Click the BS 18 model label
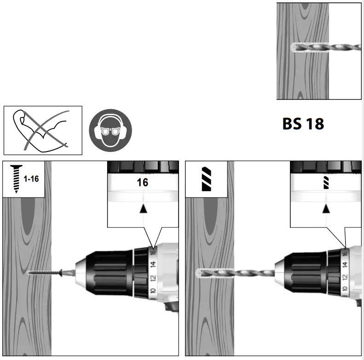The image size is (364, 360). pyautogui.click(x=303, y=124)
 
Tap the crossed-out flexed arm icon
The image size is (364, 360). pyautogui.click(x=43, y=130)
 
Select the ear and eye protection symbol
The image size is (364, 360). pyautogui.click(x=110, y=130)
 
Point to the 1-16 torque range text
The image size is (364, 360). pyautogui.click(x=31, y=179)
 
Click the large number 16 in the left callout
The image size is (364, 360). pyautogui.click(x=143, y=182)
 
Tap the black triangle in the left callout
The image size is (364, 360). pyautogui.click(x=143, y=208)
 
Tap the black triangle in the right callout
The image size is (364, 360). pyautogui.click(x=326, y=209)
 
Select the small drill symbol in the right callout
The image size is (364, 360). pyautogui.click(x=326, y=183)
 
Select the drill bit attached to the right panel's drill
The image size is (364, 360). pyautogui.click(x=235, y=273)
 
